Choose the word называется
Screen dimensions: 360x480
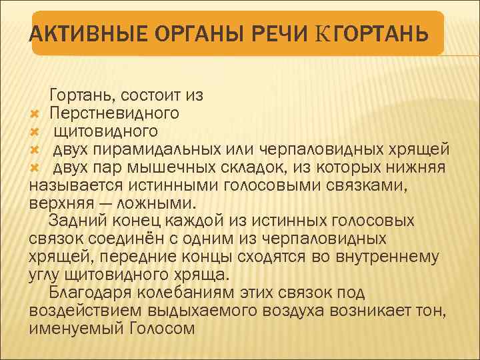coord(73,183)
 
